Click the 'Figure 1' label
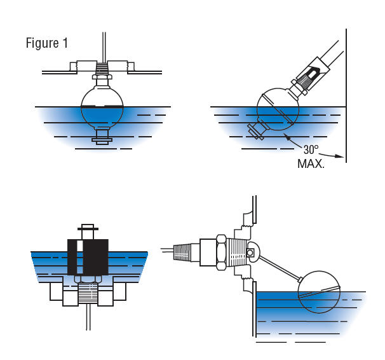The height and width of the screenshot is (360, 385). tap(46, 43)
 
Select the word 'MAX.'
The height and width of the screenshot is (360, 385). tap(311, 164)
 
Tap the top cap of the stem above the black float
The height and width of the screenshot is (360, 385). tap(88, 226)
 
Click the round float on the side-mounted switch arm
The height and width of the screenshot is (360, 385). tap(323, 293)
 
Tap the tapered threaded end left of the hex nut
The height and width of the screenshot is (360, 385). tap(186, 252)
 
